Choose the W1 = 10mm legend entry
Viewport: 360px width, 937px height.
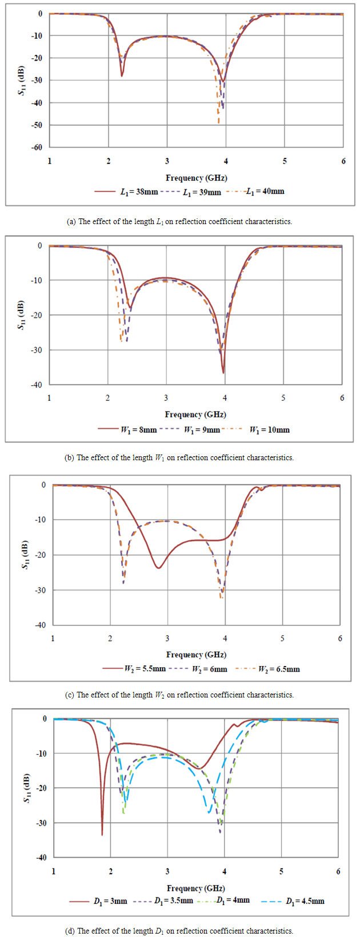(x=269, y=430)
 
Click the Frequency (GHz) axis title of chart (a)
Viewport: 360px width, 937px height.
(x=197, y=178)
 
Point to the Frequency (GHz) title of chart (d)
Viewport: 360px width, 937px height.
(x=196, y=888)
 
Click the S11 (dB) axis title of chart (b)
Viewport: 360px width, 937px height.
(x=22, y=315)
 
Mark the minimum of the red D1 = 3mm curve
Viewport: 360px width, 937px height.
(x=102, y=835)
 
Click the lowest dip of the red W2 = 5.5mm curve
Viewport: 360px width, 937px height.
(x=158, y=568)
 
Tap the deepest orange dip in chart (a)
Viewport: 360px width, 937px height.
(x=219, y=123)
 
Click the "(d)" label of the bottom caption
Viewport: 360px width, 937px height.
(x=70, y=931)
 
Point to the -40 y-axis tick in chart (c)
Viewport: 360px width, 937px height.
(x=40, y=625)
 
